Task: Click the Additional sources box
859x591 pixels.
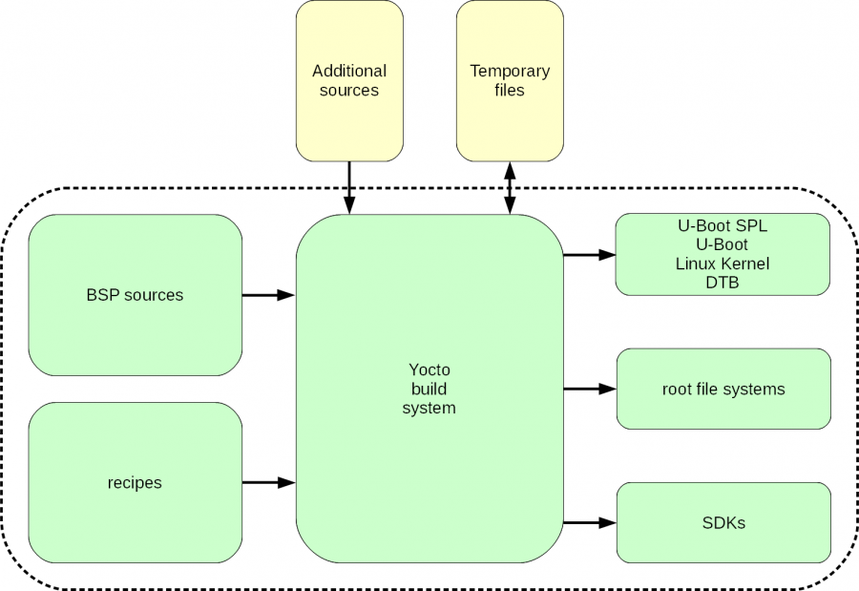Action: (x=349, y=81)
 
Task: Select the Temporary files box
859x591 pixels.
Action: (x=510, y=81)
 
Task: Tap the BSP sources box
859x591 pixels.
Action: (x=135, y=295)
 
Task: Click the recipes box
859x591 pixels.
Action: (x=135, y=483)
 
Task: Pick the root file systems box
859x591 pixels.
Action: (x=723, y=389)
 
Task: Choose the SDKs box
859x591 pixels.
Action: (x=723, y=523)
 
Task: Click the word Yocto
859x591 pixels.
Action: (x=429, y=370)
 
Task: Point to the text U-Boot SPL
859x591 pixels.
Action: (x=723, y=227)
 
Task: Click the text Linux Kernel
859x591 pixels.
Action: (x=723, y=264)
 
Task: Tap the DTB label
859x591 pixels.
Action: (x=723, y=283)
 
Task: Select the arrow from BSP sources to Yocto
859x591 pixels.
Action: (x=268, y=296)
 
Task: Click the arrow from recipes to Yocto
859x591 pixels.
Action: (x=268, y=483)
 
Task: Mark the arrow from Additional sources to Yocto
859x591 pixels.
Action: (x=349, y=187)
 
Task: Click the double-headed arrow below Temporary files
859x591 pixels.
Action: (x=510, y=187)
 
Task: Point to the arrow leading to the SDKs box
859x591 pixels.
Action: (x=589, y=523)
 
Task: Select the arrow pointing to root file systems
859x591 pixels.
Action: (x=589, y=389)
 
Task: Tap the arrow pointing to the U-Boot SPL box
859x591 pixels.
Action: (x=589, y=255)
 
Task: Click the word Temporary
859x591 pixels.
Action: (x=510, y=71)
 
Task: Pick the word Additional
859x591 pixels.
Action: (x=349, y=71)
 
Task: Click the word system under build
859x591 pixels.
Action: (x=429, y=408)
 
